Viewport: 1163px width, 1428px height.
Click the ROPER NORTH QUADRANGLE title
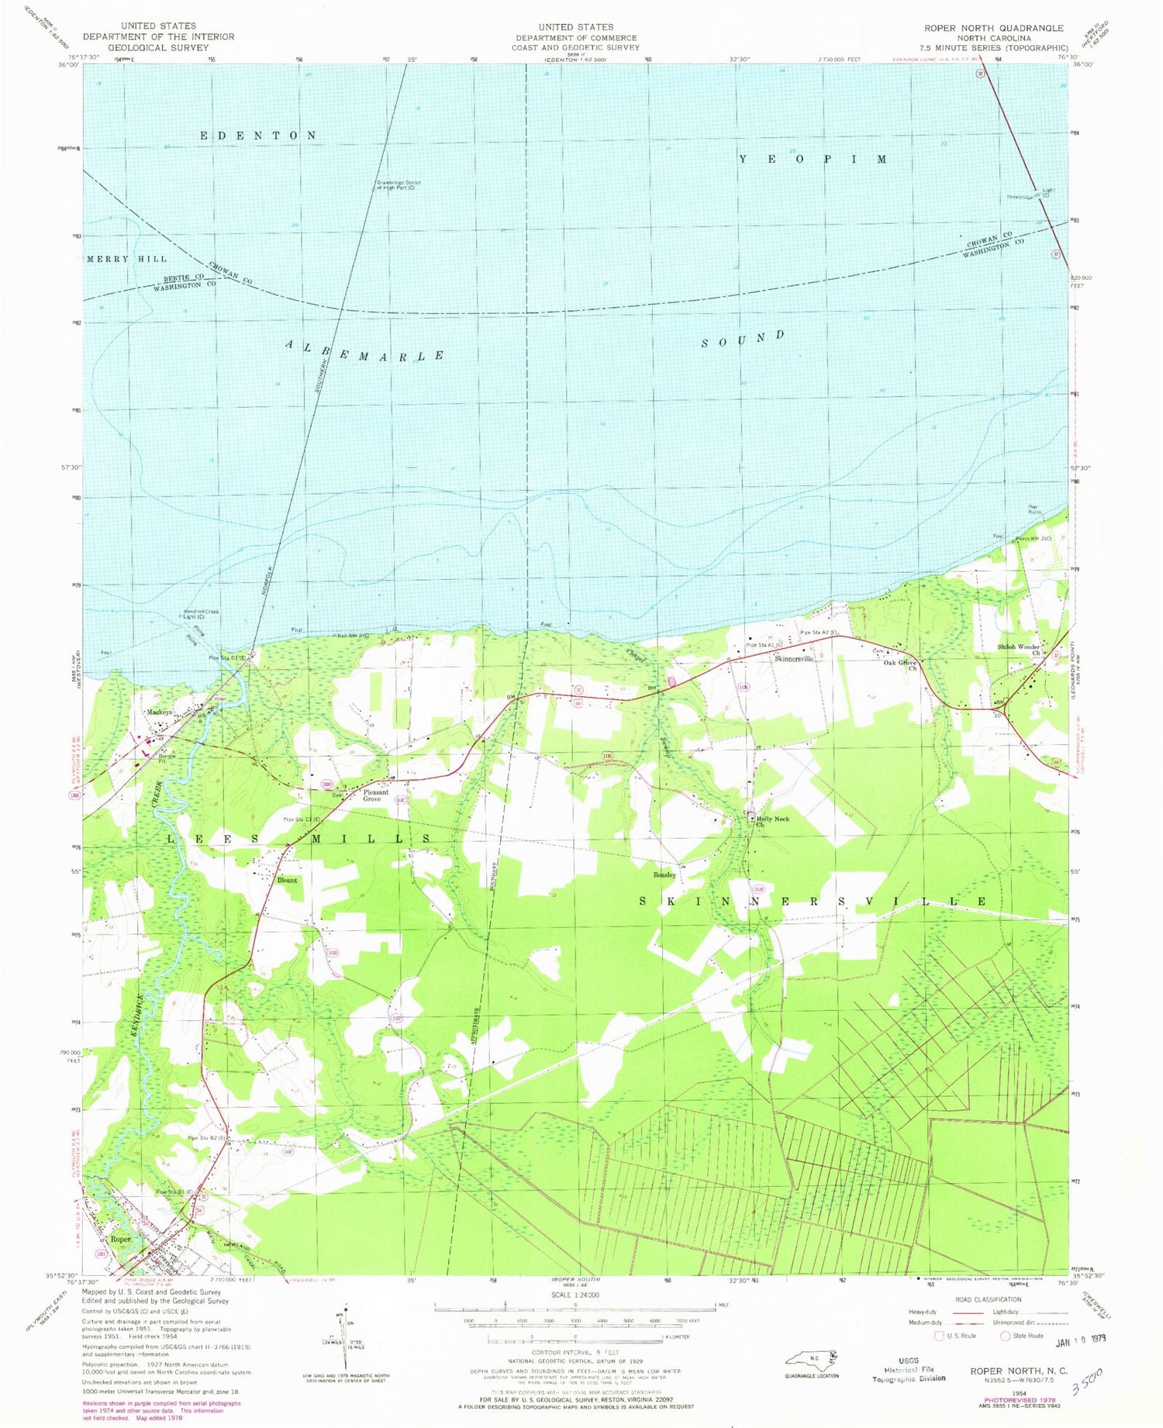click(993, 27)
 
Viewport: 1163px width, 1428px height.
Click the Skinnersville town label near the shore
click(794, 658)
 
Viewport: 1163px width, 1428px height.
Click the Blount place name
click(287, 880)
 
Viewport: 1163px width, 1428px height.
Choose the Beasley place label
click(664, 874)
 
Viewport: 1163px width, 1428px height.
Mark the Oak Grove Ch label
click(902, 665)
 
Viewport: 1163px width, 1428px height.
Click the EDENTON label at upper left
click(258, 136)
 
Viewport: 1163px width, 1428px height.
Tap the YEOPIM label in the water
click(813, 159)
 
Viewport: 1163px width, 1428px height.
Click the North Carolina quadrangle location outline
click(811, 1359)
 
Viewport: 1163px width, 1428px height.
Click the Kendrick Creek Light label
click(201, 614)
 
